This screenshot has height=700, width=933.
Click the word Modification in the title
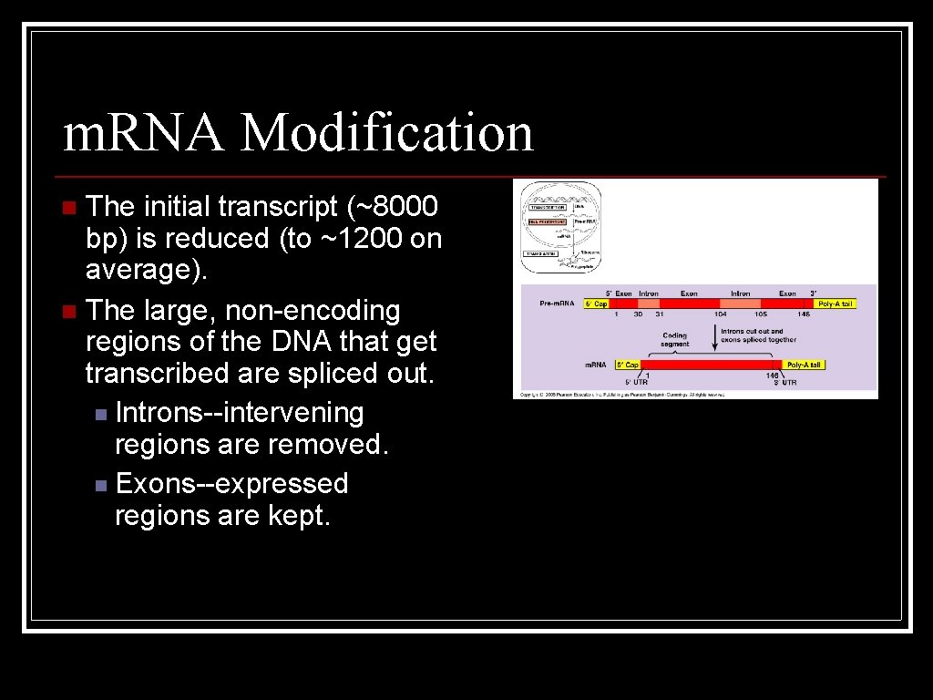(x=387, y=133)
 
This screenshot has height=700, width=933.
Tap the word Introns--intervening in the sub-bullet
(x=240, y=413)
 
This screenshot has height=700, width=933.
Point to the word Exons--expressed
(x=232, y=483)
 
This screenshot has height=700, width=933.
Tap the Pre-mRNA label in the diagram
(x=558, y=304)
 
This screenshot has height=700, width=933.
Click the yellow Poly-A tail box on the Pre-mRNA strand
(x=836, y=304)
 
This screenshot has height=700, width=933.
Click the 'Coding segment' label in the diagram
(x=675, y=339)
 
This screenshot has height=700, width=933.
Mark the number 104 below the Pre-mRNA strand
(x=720, y=314)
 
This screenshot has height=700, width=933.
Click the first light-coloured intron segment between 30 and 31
(x=649, y=304)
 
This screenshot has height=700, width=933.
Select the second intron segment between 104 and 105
(x=740, y=304)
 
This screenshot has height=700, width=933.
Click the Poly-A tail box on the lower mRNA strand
(x=805, y=365)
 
